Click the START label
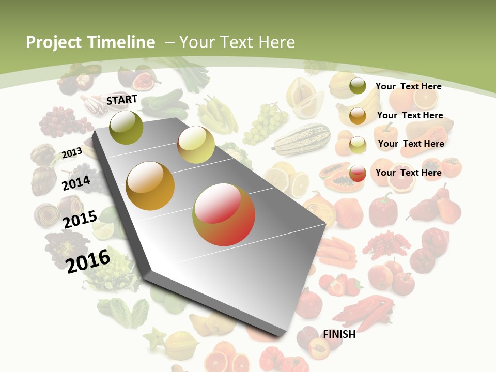122,100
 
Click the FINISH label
339,334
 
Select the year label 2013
72,152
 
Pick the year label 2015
80,219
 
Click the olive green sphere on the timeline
127,127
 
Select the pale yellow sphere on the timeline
196,145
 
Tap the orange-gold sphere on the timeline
150,186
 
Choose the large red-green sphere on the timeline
224,214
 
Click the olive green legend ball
358,86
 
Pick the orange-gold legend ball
358,116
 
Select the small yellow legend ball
358,145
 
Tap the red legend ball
358,173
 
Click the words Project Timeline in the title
90,42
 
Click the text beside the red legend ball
409,173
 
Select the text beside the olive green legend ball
409,86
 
